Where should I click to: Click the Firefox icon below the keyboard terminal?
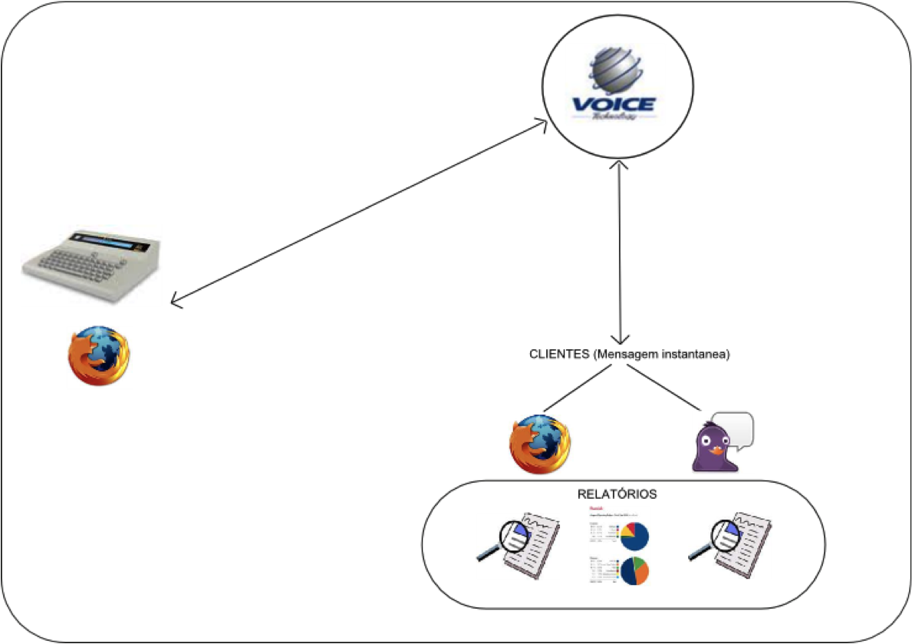[x=98, y=355]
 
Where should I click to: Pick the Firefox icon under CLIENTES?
[x=540, y=444]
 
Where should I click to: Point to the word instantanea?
[x=698, y=355]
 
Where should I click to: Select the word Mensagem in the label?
[x=628, y=355]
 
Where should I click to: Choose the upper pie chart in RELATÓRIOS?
[x=634, y=537]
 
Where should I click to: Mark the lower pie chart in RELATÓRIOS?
[x=635, y=571]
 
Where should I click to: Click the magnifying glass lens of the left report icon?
[x=514, y=535]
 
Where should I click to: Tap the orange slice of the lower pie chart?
[x=643, y=572]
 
